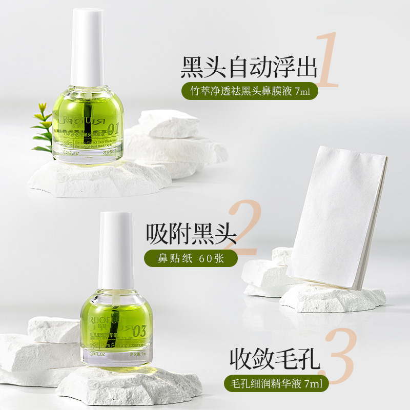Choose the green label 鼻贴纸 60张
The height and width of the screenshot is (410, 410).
(x=191, y=257)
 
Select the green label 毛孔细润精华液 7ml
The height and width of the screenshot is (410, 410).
(x=275, y=382)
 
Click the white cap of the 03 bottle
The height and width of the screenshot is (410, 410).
(x=116, y=251)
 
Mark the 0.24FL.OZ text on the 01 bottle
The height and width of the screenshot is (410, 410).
(x=71, y=152)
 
